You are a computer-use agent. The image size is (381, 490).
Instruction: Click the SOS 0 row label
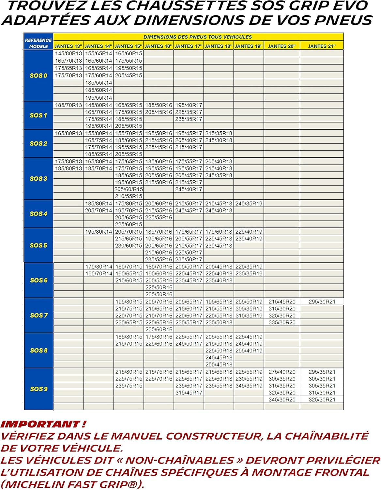pyautogui.click(x=38, y=75)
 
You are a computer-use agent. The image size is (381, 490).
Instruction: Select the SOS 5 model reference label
pyautogui.click(x=38, y=245)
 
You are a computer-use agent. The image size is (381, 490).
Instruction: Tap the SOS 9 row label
pyautogui.click(x=39, y=389)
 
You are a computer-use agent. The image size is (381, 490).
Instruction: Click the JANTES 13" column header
pyautogui.click(x=69, y=46)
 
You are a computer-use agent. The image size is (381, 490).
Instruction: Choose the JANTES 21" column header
pyautogui.click(x=322, y=46)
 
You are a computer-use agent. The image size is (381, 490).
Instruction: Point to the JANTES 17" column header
pyautogui.click(x=189, y=46)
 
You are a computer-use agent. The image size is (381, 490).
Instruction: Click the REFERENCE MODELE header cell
pyautogui.click(x=38, y=43)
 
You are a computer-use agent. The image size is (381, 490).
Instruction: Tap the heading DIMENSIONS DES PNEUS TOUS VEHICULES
pyautogui.click(x=198, y=37)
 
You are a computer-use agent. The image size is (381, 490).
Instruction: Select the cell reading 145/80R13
pyautogui.click(x=69, y=53)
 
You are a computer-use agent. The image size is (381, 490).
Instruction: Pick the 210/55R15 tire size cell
pyautogui.click(x=129, y=196)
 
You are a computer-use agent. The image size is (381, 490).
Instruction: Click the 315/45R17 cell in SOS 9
pyautogui.click(x=189, y=393)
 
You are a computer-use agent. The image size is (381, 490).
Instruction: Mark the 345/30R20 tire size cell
pyautogui.click(x=282, y=400)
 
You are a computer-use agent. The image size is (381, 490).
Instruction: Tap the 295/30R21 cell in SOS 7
pyautogui.click(x=322, y=302)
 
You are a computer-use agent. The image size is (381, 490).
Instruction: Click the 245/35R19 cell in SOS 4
pyautogui.click(x=249, y=204)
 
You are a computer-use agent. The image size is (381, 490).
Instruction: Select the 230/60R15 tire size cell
pyautogui.click(x=129, y=246)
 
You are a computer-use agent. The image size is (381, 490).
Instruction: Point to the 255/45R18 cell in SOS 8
pyautogui.click(x=219, y=365)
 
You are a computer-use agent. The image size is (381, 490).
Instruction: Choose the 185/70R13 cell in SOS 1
pyautogui.click(x=69, y=105)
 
